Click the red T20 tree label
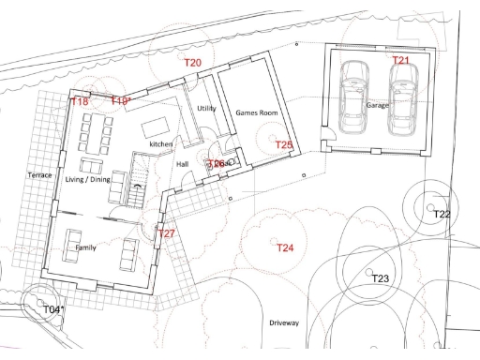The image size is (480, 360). (192, 62)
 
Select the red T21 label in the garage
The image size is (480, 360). (401, 60)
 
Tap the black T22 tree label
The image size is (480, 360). (442, 215)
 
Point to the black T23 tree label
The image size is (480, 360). (380, 279)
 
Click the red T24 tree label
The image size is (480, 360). (285, 248)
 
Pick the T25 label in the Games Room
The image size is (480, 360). (284, 144)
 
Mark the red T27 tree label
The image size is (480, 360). (166, 233)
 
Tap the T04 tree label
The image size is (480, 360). (53, 309)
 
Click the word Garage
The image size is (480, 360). (377, 106)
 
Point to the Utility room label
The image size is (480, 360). (207, 109)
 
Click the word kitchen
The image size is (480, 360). (161, 145)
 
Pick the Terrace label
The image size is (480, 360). (39, 175)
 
